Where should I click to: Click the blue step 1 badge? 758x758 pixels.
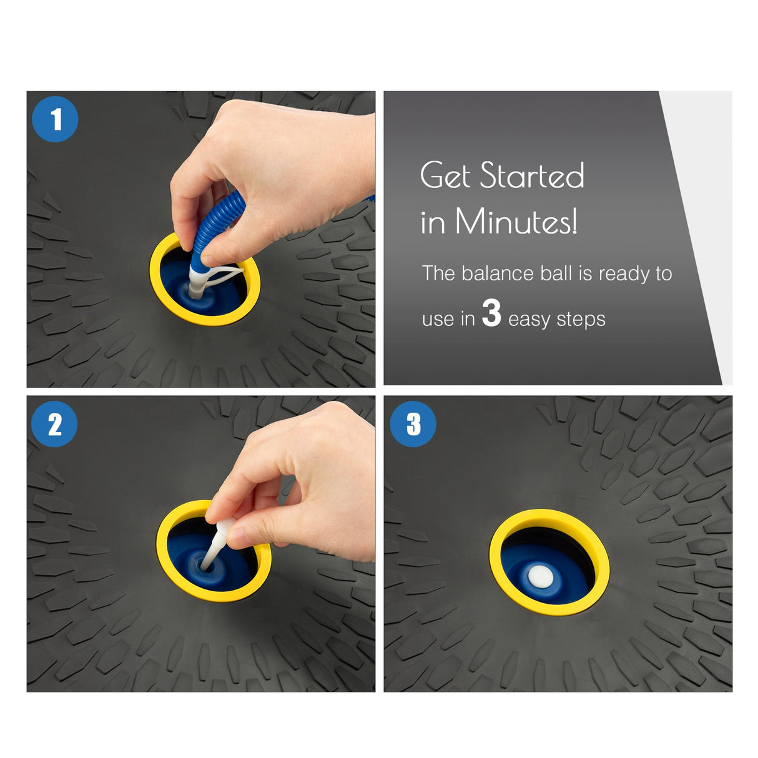click(55, 119)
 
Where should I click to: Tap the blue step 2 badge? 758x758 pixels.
click(54, 424)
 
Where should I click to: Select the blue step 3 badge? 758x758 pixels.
click(413, 424)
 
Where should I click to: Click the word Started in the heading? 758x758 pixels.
click(532, 175)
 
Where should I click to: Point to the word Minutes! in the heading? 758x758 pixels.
click(516, 222)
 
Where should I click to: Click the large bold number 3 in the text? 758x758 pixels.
click(491, 313)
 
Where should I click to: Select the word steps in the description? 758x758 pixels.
click(581, 320)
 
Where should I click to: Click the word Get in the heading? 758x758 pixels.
click(445, 175)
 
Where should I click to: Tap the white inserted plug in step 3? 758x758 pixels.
click(541, 576)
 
